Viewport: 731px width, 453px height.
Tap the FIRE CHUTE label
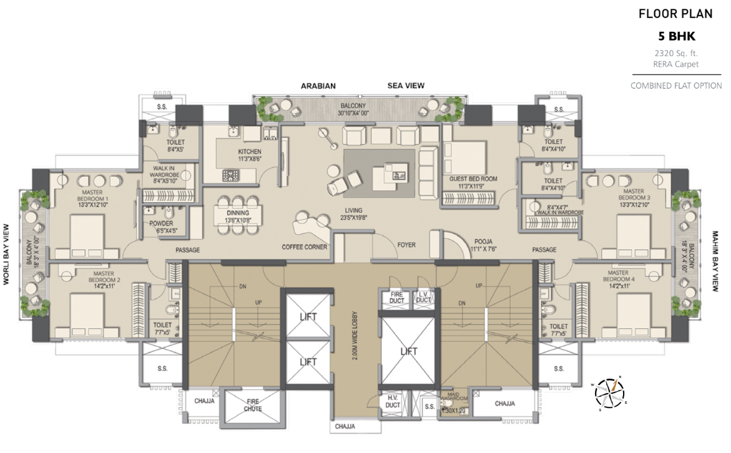[253, 406]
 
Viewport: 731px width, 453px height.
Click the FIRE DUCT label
[397, 297]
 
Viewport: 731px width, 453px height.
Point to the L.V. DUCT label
[423, 297]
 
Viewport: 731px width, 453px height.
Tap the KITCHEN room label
[249, 152]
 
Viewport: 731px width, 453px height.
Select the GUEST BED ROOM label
[473, 178]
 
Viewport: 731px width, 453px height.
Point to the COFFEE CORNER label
[305, 246]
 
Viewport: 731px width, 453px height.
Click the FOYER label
[406, 245]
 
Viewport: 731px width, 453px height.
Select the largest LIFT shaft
[408, 352]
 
